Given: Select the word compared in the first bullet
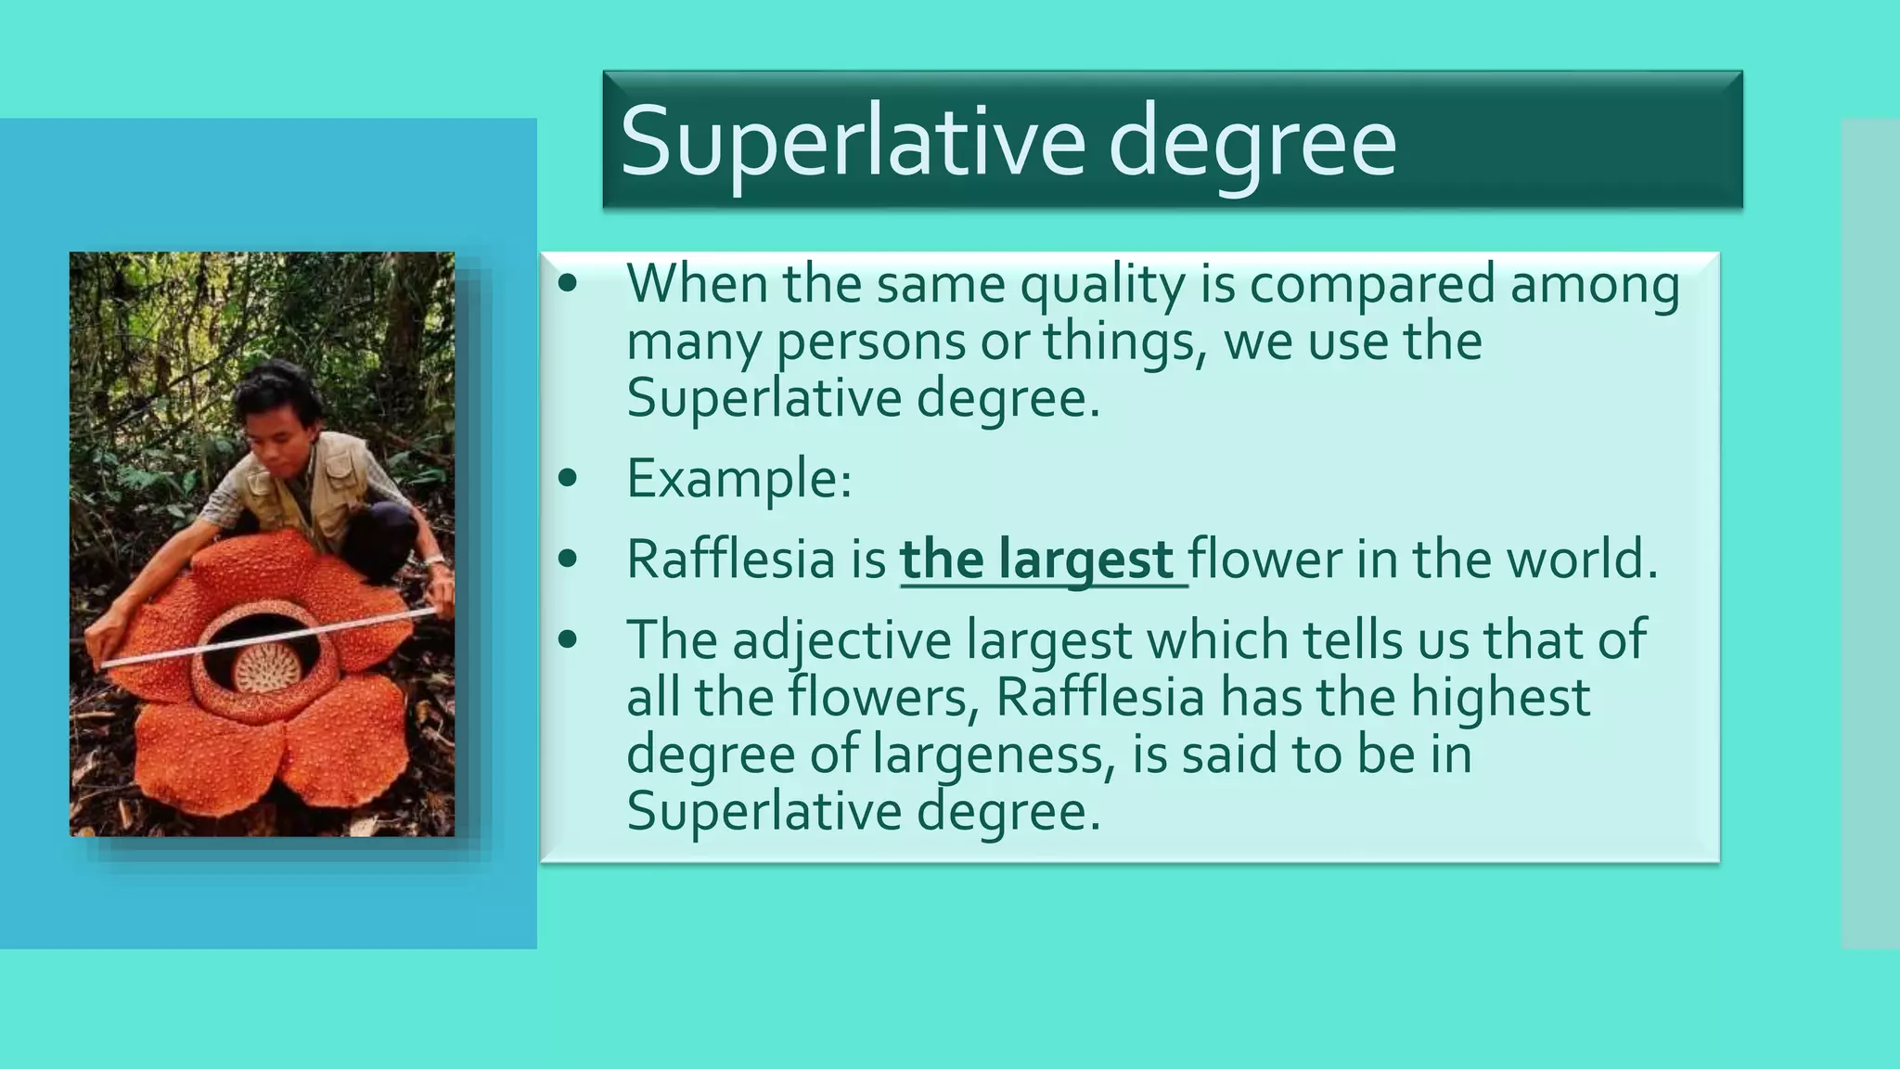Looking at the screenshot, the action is pos(1372,286).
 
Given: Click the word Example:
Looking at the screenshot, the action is pos(738,480).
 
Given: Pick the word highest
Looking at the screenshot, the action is pos(1500,698).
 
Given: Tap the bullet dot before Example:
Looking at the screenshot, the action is pos(568,479).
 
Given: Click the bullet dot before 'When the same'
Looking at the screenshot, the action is pos(568,284).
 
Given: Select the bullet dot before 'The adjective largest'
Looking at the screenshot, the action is pos(568,640).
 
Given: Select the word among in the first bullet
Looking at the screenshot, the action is pos(1595,286).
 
